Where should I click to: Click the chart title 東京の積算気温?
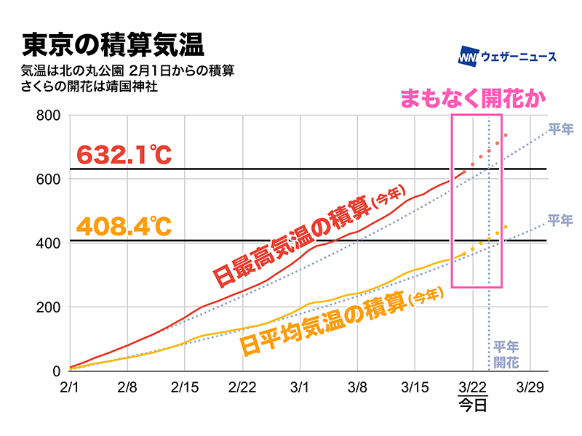[113, 45]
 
